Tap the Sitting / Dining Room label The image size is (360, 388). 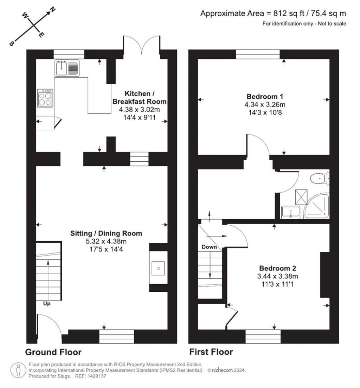pos(106,233)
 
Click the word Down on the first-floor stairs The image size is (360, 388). pos(209,247)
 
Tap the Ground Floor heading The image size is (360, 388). pos(53,352)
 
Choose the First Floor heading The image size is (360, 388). pos(211,352)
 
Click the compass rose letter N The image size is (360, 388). pos(52,10)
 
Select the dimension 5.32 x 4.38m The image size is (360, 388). pos(106,242)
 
